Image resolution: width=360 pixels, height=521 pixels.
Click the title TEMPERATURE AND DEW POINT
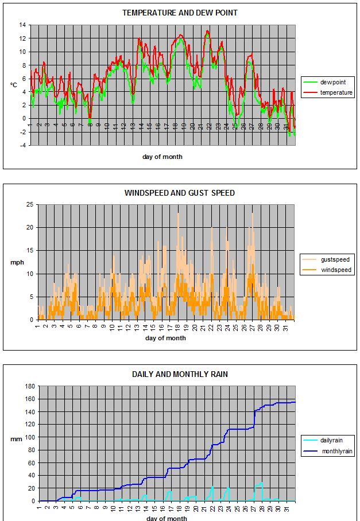click(179, 13)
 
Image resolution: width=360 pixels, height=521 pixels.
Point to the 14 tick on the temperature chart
click(22, 25)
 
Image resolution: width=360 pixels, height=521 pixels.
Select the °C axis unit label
click(13, 85)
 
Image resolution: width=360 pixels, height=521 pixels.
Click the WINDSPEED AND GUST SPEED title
click(179, 193)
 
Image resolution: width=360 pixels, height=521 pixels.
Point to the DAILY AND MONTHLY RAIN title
click(179, 374)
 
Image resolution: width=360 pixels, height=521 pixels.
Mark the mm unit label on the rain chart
click(16, 440)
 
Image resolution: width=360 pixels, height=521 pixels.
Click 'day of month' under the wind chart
click(165, 339)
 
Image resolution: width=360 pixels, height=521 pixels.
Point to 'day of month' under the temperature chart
click(162, 157)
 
